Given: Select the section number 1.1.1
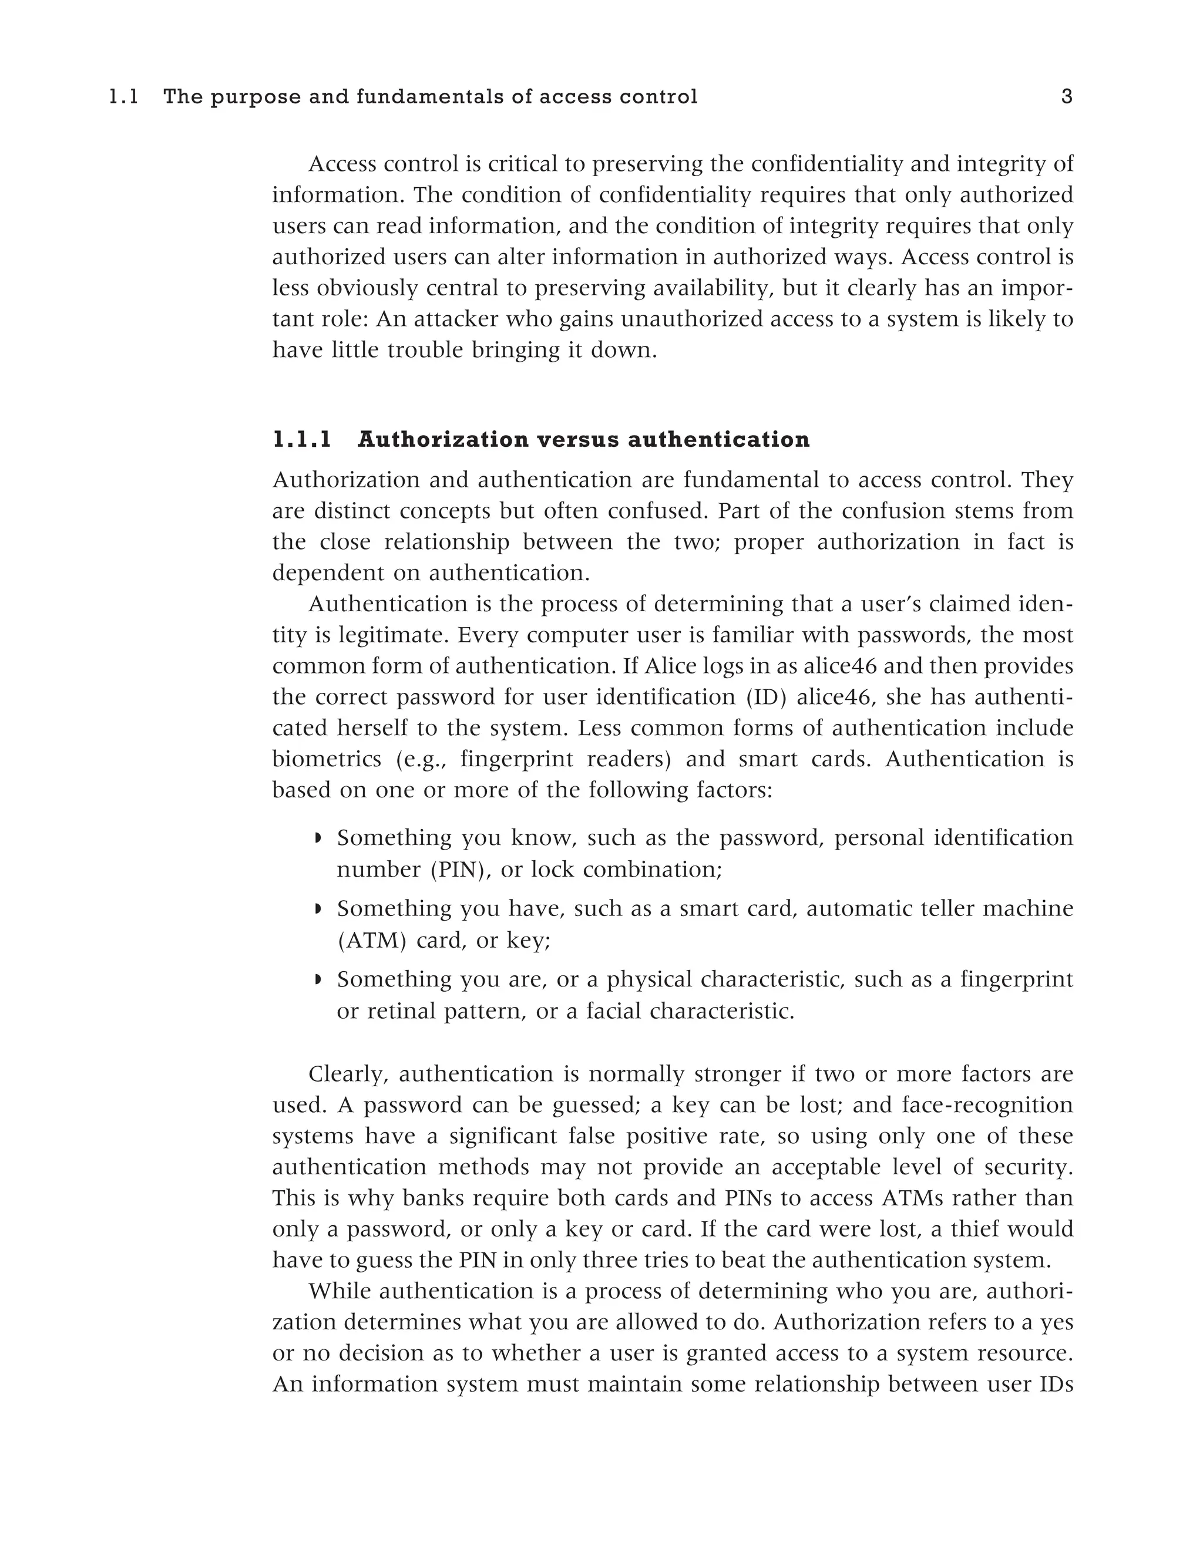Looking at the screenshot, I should click(x=302, y=440).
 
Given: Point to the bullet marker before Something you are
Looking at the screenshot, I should click(x=318, y=981).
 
